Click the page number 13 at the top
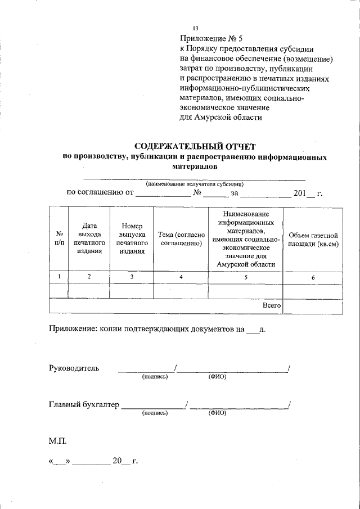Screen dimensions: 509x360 [196, 29]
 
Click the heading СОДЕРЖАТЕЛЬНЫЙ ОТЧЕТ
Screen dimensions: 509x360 [195, 147]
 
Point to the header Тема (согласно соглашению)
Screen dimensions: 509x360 [181, 238]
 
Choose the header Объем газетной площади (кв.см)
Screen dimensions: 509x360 [313, 239]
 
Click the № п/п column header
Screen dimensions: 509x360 [58, 238]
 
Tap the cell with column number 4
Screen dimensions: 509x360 [181, 277]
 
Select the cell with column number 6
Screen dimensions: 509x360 [313, 277]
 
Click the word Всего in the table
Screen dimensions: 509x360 [272, 305]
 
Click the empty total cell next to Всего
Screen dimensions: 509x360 [313, 305]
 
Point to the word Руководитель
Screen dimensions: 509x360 [74, 368]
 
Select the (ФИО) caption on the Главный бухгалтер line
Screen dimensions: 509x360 [217, 413]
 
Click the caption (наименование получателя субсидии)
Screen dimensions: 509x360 [195, 184]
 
